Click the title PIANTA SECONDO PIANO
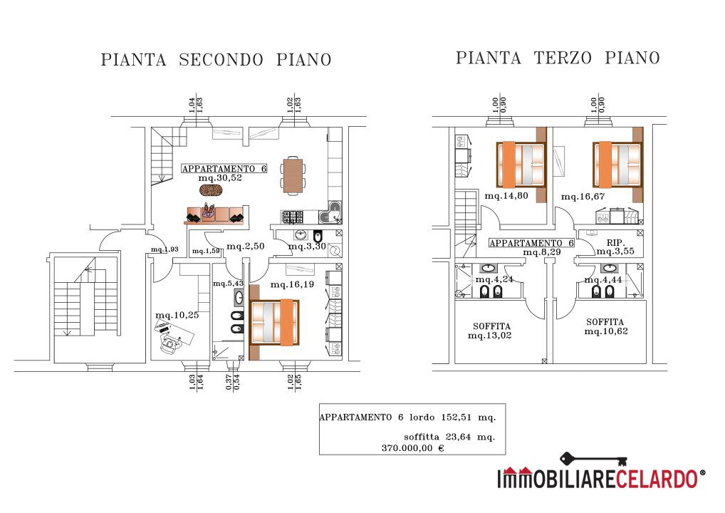(216, 60)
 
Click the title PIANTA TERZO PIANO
(558, 58)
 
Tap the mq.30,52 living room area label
(220, 178)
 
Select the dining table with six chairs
(293, 175)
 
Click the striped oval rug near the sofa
(212, 190)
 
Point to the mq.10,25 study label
(177, 316)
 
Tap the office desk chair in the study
(169, 343)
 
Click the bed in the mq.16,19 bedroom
(274, 323)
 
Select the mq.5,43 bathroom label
(228, 283)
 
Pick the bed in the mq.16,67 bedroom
(617, 165)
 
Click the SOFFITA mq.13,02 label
(490, 331)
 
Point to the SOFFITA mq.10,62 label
(605, 326)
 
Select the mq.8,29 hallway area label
(542, 252)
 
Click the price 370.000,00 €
(413, 447)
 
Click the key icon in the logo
(594, 460)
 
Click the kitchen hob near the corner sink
(293, 216)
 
